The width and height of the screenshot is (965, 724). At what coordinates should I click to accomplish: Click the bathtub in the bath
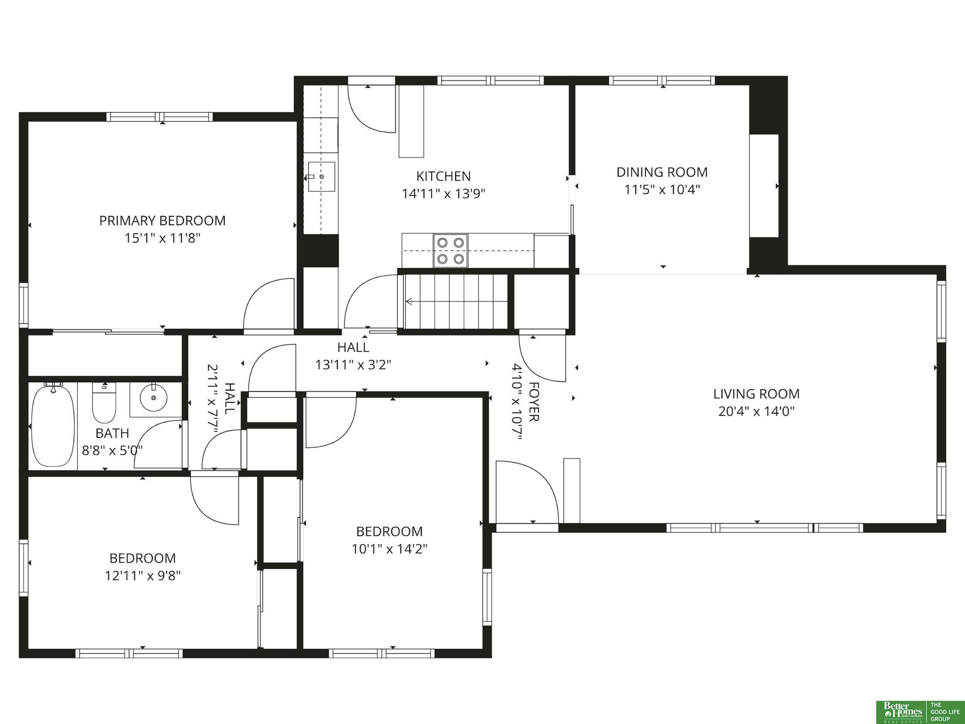click(54, 426)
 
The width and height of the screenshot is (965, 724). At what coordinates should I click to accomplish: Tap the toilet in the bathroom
click(104, 402)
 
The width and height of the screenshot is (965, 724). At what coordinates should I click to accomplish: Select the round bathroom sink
click(154, 398)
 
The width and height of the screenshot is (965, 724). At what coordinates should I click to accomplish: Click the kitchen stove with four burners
click(450, 251)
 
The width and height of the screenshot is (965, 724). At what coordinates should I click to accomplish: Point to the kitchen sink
click(321, 177)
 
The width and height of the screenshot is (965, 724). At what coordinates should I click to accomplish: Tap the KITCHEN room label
click(443, 176)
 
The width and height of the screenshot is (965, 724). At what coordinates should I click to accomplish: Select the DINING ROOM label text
click(662, 172)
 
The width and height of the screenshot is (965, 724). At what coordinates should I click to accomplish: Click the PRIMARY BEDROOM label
click(162, 221)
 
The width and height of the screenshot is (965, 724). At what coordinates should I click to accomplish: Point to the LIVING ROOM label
click(757, 394)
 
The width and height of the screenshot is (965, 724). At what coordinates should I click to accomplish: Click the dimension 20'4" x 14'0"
click(757, 412)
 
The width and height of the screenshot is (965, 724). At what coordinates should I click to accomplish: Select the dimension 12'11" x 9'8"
click(143, 576)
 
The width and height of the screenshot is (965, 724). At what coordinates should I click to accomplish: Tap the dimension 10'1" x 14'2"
click(389, 549)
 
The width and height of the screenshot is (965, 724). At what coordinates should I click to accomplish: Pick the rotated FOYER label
click(534, 402)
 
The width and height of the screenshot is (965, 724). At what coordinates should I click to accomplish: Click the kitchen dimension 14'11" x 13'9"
click(443, 194)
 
